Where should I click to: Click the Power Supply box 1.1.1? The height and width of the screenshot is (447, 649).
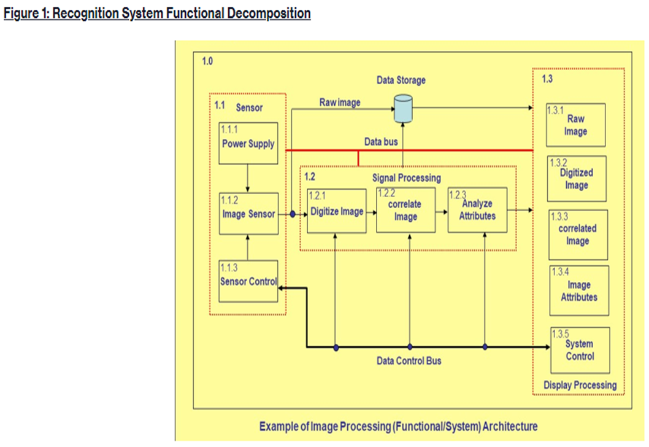click(x=248, y=143)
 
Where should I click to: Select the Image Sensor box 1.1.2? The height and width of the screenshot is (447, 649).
click(x=248, y=214)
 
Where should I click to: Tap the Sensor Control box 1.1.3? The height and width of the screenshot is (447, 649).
click(x=248, y=281)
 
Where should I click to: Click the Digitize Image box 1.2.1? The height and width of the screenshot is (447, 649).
click(x=336, y=211)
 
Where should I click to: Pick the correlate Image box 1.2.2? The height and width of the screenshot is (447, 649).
click(x=405, y=210)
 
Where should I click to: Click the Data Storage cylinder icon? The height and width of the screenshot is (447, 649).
click(x=402, y=108)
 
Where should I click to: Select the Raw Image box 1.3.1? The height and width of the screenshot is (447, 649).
click(x=576, y=125)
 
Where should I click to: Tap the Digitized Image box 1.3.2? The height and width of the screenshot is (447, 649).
click(x=576, y=179)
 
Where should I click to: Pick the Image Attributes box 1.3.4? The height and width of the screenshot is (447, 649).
click(x=578, y=290)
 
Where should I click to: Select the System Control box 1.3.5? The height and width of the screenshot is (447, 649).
click(x=580, y=349)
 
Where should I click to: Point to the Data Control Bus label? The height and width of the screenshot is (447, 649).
click(x=409, y=360)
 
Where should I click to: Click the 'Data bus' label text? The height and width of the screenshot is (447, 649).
click(x=381, y=141)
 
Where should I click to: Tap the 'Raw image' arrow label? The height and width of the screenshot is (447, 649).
click(x=340, y=102)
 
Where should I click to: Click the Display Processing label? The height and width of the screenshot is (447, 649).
click(x=580, y=385)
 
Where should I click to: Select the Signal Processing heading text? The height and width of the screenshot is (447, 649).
click(x=406, y=177)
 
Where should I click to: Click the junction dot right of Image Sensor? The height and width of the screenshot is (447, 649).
click(x=293, y=214)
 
